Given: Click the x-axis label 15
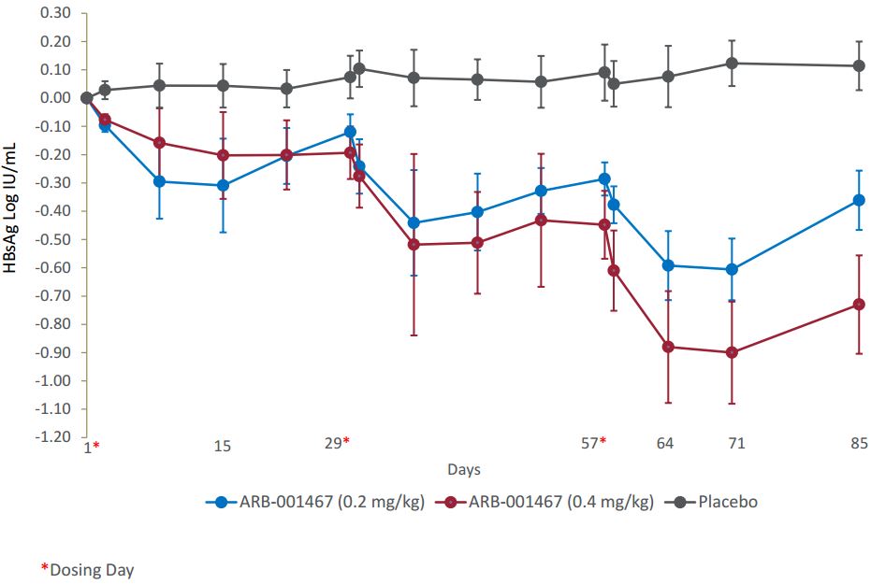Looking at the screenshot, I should click(x=222, y=447).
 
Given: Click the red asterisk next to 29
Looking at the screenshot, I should click(x=347, y=441).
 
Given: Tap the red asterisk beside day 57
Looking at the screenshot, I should click(x=603, y=441).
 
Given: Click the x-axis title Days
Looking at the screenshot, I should click(x=464, y=469).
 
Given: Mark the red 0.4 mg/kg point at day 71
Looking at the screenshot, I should click(x=732, y=352).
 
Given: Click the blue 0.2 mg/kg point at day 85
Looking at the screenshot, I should click(x=859, y=200).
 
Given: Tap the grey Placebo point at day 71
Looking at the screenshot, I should click(x=732, y=63).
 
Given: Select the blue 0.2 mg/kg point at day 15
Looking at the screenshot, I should click(x=223, y=185).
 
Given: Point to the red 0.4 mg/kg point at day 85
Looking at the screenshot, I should click(x=859, y=305).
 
